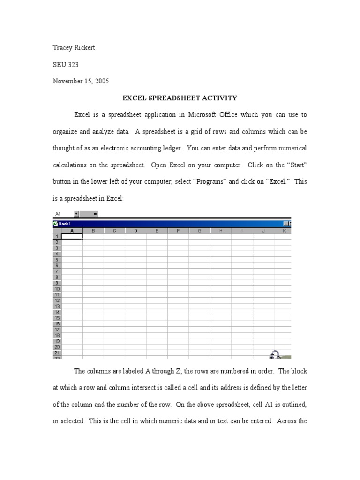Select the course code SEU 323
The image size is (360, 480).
[66, 65]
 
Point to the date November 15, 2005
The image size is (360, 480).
[81, 81]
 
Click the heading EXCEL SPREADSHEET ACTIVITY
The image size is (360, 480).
[180, 98]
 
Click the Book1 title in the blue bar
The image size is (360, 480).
[65, 224]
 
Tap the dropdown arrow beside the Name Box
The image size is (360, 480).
[76, 214]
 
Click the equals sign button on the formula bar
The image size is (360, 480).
[95, 214]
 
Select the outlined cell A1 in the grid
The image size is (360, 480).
[72, 237]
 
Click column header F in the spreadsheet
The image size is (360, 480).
[178, 231]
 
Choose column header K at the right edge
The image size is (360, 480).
[285, 231]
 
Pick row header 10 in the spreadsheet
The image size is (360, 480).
[57, 289]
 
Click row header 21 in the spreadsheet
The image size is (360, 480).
[57, 352]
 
